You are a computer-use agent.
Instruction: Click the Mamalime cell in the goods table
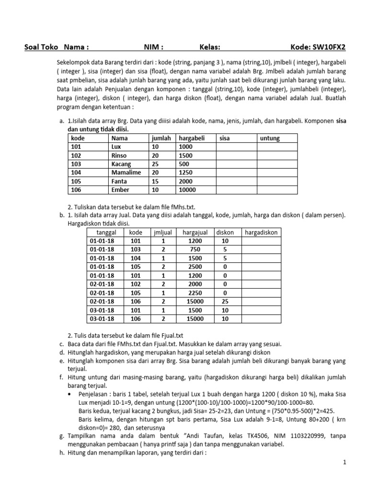coord(124,173)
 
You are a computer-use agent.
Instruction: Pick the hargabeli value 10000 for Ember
coord(188,190)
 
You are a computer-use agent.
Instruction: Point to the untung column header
coord(270,138)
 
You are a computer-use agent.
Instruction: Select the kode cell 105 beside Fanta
coord(76,181)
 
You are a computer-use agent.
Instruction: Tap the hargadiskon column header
coord(261,233)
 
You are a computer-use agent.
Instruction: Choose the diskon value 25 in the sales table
coord(225,302)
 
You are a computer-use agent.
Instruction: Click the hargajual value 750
coord(195,250)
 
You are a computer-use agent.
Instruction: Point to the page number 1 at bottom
coord(344,462)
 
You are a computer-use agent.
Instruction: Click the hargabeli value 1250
coord(186,173)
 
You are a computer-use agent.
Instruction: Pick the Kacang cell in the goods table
coord(121,164)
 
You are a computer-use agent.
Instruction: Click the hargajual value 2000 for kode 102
coord(195,284)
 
